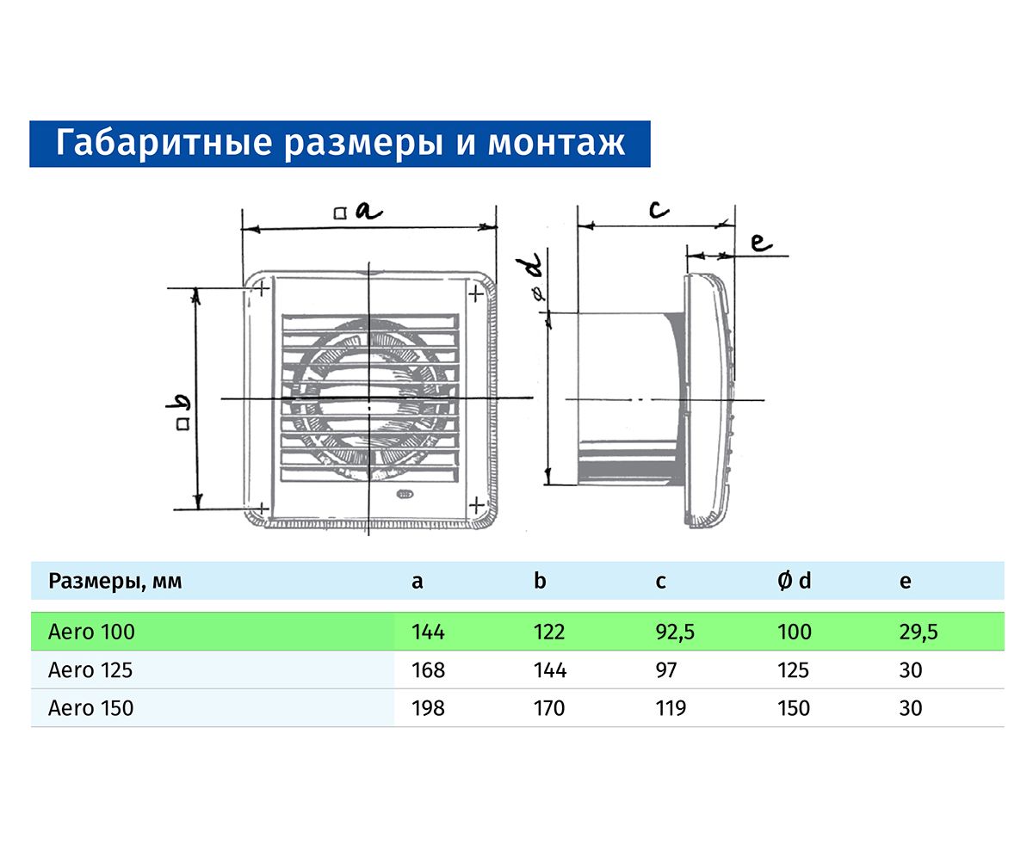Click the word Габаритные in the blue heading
(x=164, y=144)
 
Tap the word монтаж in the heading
(x=556, y=144)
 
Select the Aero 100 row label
(x=91, y=632)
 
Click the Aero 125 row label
(x=90, y=669)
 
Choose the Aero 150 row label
(x=90, y=708)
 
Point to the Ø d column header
(x=794, y=581)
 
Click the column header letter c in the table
(x=661, y=582)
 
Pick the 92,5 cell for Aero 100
(x=675, y=632)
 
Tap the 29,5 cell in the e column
(x=919, y=632)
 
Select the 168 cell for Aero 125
(x=428, y=669)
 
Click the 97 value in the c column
(x=666, y=669)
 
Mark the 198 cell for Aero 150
(x=428, y=708)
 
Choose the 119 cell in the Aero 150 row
(x=671, y=708)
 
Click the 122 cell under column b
(x=549, y=632)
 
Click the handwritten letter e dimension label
(x=762, y=243)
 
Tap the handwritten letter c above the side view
(x=659, y=209)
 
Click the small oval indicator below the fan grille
(x=404, y=494)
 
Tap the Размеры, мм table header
(x=115, y=581)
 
